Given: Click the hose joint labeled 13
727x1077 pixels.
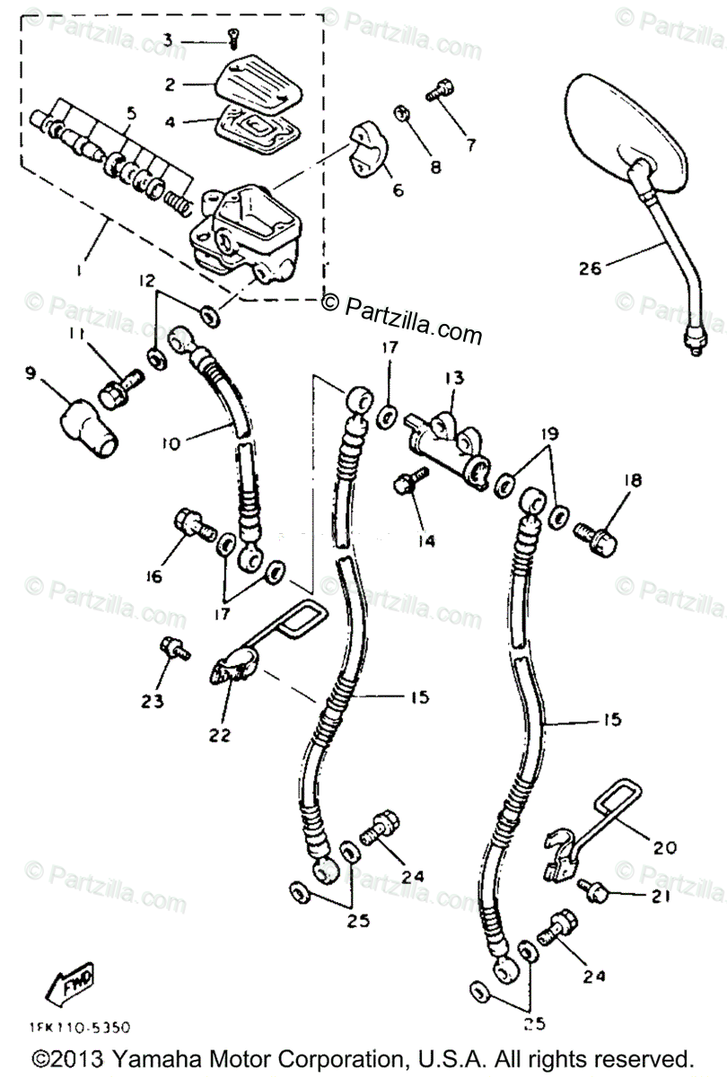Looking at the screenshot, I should [446, 437].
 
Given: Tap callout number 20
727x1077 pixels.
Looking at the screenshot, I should [665, 846].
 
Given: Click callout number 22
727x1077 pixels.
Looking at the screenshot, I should [219, 734].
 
